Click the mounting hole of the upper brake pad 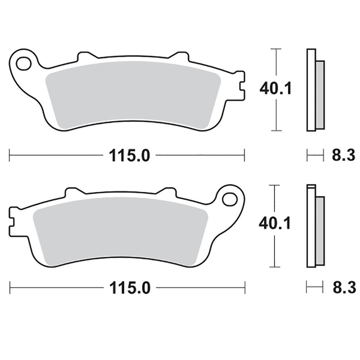point(24,63)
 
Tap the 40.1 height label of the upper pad point(276,88)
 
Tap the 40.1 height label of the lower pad point(275,223)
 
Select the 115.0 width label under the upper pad point(129,155)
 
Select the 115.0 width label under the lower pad point(130,288)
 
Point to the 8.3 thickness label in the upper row point(343,155)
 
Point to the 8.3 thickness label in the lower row point(344,287)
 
